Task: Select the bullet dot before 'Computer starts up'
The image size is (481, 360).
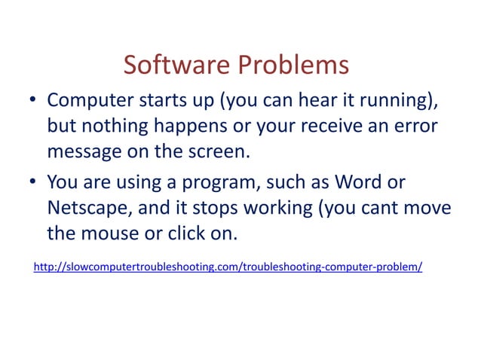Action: coord(34,101)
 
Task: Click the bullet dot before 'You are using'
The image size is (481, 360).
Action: coord(34,183)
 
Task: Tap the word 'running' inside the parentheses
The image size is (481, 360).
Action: coord(390,101)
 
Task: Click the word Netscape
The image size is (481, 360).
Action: coord(84,207)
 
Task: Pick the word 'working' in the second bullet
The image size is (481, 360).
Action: coord(267,207)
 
